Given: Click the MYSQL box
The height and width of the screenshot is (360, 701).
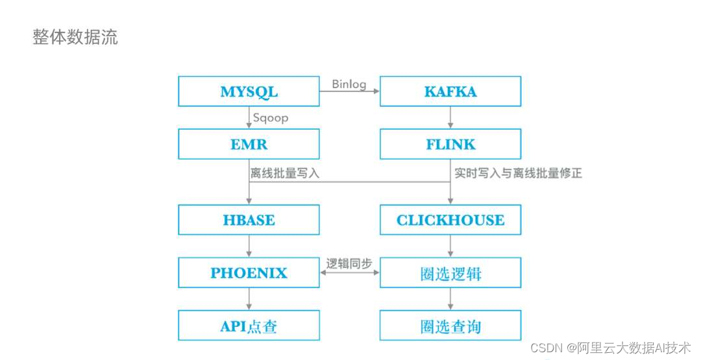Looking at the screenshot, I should tap(249, 91).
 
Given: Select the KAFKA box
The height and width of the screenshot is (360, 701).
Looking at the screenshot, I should tap(450, 91).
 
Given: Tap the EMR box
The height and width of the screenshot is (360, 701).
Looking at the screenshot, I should tap(249, 144).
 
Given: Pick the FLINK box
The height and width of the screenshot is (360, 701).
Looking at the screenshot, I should tap(450, 144).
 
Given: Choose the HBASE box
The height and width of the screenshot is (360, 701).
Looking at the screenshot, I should tap(249, 220).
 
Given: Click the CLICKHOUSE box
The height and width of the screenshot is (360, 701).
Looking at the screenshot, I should tap(450, 220).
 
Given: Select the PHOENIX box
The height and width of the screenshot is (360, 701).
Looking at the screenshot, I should tap(249, 272).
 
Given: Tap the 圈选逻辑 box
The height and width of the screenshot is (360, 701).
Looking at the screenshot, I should tap(450, 273).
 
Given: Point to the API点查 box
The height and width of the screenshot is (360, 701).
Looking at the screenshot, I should tap(249, 326).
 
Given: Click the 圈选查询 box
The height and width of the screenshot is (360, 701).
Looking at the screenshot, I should tap(450, 326).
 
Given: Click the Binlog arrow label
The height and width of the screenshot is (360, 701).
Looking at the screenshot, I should tap(349, 84).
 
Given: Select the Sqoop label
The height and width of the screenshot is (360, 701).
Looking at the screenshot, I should tap(270, 118).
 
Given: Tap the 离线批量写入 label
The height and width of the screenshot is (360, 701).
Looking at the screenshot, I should tap(285, 173).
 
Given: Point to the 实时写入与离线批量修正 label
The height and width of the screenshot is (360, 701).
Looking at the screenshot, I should tap(518, 173).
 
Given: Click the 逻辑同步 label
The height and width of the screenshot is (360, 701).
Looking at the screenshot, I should tap(349, 264).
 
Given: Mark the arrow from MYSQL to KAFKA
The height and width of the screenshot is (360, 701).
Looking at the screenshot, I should tap(349, 92).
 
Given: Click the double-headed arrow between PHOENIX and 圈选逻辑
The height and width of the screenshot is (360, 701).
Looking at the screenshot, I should tap(349, 273).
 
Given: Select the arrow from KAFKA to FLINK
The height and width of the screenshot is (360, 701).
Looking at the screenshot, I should tap(450, 117).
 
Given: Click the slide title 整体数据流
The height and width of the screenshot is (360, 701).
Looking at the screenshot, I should tap(75, 37).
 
